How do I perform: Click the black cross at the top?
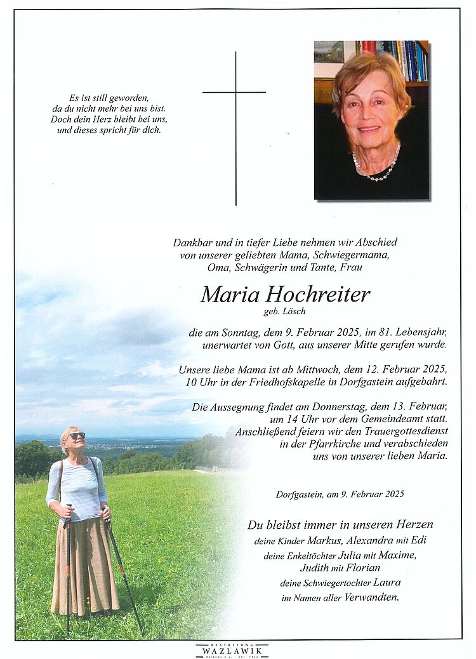235,127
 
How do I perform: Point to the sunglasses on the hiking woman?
76,436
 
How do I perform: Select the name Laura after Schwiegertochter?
387,583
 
